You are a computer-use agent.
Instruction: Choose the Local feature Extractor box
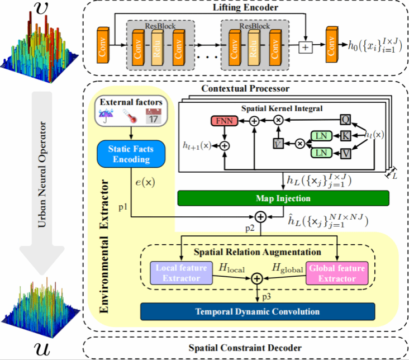[181, 272]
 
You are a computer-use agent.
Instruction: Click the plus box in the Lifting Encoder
[305, 48]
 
